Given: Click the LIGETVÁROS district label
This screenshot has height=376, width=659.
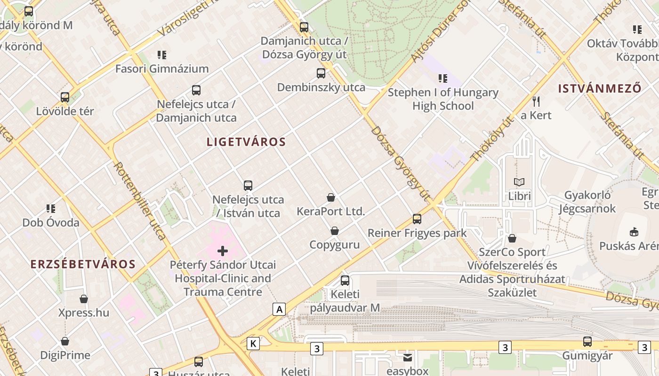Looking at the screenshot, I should point(246,142).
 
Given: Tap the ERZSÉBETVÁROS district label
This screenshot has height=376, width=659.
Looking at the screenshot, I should point(83,264).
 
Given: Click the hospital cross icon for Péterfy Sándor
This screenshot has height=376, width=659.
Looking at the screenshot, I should point(223,251).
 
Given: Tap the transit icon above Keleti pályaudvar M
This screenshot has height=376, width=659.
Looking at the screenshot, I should point(345,281).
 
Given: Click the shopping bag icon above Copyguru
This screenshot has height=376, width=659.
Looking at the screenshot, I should point(334,231).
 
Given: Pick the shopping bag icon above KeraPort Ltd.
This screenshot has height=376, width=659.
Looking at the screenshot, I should point(331,197).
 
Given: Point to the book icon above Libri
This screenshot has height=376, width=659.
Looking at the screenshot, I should point(519,182).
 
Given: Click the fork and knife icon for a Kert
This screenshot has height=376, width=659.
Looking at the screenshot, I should point(536,101).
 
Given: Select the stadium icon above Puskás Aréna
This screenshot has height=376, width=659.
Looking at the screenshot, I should point(634,232).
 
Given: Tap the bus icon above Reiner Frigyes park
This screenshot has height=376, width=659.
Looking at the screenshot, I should point(417,219).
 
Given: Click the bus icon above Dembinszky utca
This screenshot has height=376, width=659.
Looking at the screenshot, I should point(321,73).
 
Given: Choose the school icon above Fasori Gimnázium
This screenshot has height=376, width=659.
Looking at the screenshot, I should point(162,55).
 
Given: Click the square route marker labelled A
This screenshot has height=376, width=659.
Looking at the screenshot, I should point(280,309).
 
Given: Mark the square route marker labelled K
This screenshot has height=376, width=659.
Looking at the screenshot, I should point(253,344).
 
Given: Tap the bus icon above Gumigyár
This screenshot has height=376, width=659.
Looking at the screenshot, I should point(587,342).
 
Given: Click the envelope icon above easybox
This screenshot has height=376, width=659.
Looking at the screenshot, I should point(408,358).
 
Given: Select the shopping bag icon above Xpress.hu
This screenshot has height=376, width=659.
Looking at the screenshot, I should point(84,299).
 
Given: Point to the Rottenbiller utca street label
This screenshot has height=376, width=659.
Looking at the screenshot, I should point(140,201).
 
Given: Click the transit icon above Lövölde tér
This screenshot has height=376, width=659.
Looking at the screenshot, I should point(65,97).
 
